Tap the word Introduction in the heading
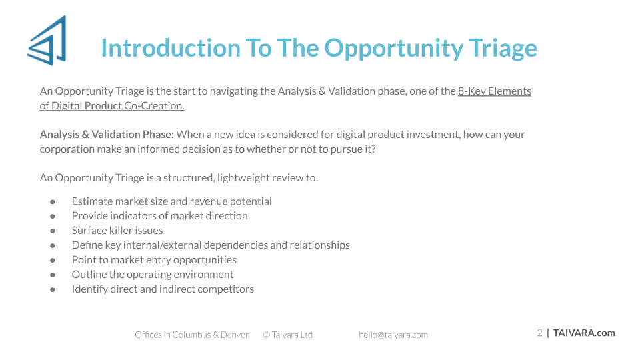coord(171,48)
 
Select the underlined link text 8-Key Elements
coord(494,91)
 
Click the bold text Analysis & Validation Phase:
coord(107,134)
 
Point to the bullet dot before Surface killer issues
coord(53,231)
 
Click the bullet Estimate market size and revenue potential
coord(171,201)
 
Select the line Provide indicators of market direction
coord(159,215)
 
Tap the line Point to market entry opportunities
coord(154,259)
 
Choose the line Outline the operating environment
coord(153,274)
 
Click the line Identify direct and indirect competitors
coord(163,289)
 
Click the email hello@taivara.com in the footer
coord(393,335)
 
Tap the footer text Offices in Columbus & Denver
coord(191,335)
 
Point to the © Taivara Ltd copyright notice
coord(288,335)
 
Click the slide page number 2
coord(539,333)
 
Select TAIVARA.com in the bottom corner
coord(584,333)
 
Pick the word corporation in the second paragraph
coord(67,149)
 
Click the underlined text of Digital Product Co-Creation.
coord(112,106)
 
